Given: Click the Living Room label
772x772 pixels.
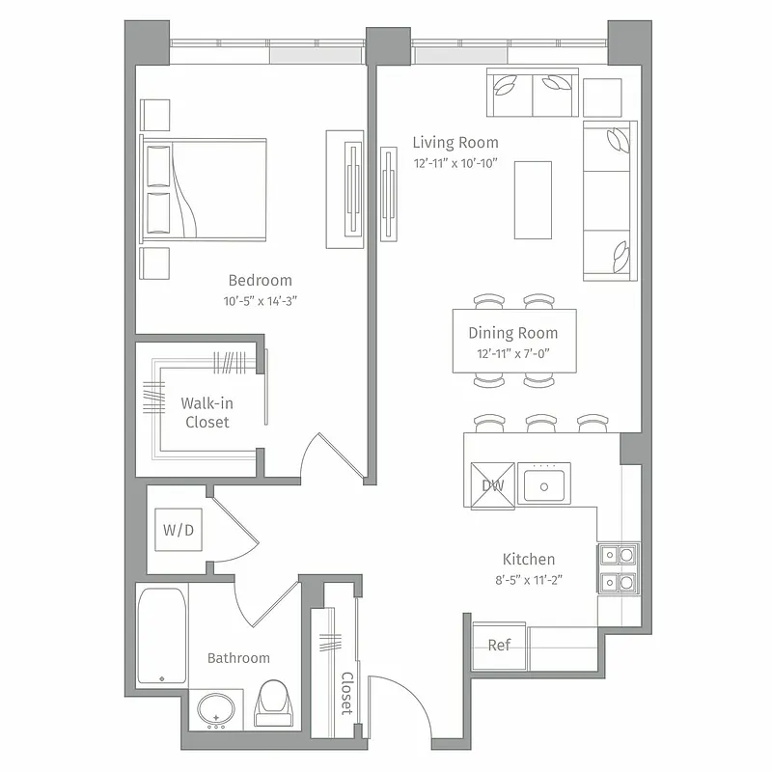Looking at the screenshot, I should (455, 143).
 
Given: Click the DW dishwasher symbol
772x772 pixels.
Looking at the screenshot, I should (492, 484).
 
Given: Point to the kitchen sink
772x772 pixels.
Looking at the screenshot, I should (545, 484).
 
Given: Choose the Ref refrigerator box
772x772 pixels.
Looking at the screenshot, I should (499, 646).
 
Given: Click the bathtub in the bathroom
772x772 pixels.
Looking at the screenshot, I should (160, 636).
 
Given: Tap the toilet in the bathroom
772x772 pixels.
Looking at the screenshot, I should (272, 702).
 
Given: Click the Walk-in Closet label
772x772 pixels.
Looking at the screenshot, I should (207, 413).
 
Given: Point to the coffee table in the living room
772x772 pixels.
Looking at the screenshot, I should (533, 200).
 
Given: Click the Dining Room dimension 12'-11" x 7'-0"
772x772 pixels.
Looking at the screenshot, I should (512, 353).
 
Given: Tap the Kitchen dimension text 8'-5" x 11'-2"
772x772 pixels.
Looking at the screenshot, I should (528, 580).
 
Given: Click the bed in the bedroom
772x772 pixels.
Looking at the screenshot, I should (205, 187).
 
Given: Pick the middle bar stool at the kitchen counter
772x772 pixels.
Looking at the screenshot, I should (541, 425).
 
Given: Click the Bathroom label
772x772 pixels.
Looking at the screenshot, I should (238, 658).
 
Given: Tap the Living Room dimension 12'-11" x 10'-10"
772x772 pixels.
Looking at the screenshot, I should (455, 163).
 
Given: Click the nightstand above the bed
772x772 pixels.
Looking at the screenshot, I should (155, 115).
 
